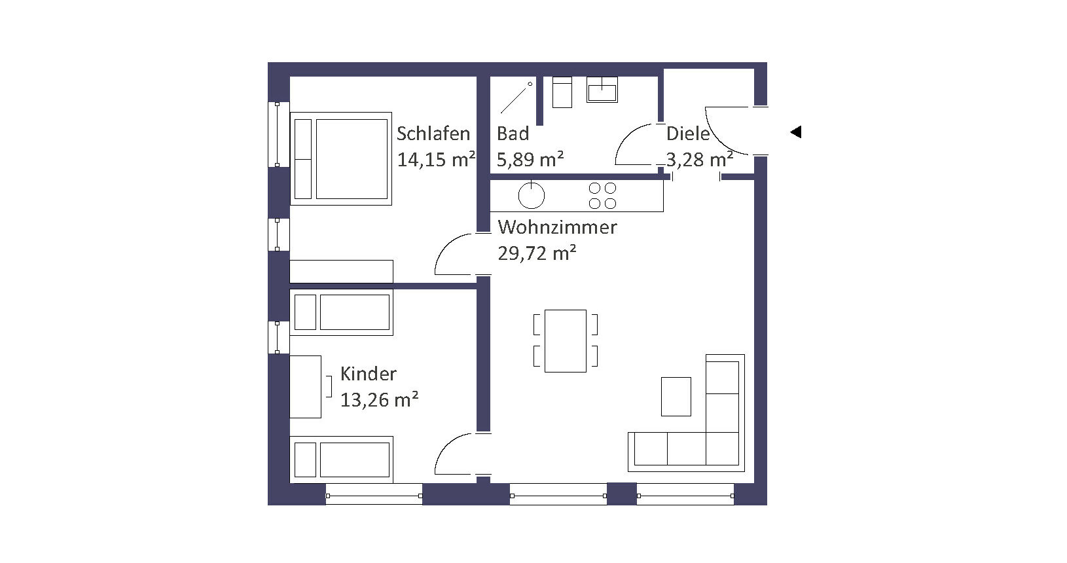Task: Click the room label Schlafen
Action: click(x=433, y=134)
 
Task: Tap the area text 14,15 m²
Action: click(x=437, y=160)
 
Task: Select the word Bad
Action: click(x=513, y=134)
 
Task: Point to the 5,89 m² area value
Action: click(x=530, y=160)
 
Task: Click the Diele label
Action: click(x=688, y=134)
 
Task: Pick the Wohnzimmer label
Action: click(x=557, y=227)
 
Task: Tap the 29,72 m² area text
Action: click(x=537, y=253)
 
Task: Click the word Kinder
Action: click(x=368, y=374)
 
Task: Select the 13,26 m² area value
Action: click(x=379, y=399)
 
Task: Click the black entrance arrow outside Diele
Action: click(x=796, y=132)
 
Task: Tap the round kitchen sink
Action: click(x=531, y=195)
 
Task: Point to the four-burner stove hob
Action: click(x=603, y=196)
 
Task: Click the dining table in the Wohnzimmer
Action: click(x=566, y=341)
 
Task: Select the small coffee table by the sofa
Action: click(x=676, y=397)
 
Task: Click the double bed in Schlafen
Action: click(x=341, y=158)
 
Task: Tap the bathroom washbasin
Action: click(x=602, y=90)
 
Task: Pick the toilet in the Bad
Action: click(x=562, y=92)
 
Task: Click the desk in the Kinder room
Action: click(x=305, y=387)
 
